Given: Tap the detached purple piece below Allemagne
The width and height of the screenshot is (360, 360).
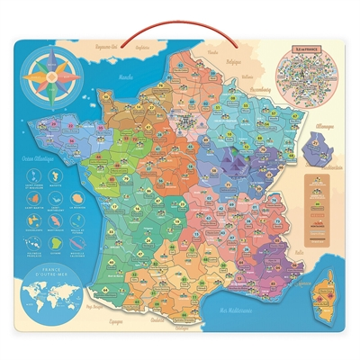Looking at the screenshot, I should pyautogui.click(x=316, y=141).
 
